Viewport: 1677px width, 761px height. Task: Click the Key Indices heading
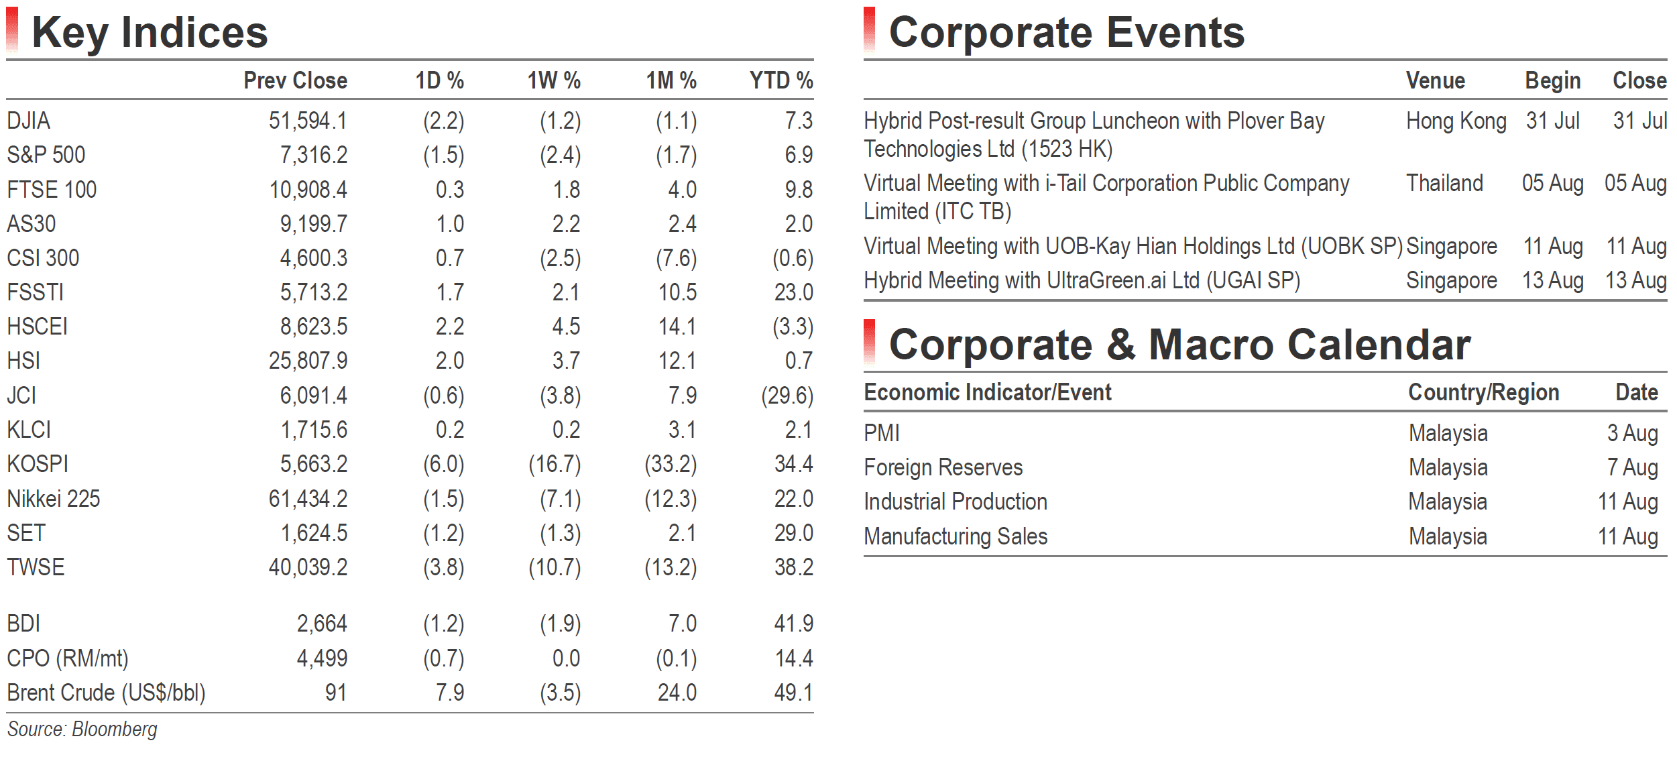150,33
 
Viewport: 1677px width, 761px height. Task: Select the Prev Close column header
295,80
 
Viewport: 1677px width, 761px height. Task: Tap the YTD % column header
781,80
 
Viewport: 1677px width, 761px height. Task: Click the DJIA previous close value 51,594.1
308,121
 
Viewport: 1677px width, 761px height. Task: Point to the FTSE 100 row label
52,190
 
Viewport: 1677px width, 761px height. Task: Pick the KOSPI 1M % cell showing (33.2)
671,464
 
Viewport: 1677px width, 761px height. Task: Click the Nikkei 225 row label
53,499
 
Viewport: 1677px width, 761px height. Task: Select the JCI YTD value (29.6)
787,396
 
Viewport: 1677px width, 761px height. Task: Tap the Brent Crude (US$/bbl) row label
106,693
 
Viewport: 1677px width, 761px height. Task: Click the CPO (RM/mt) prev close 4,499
322,658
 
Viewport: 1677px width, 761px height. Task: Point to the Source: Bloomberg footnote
82,729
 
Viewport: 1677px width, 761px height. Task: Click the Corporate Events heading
1066,32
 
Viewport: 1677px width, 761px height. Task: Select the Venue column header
1435,80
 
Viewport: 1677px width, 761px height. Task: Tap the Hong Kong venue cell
1456,121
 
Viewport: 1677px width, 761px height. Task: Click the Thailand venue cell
1444,183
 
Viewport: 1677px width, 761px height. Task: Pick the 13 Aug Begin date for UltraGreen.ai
1552,280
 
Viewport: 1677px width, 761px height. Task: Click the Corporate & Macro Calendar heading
1179,345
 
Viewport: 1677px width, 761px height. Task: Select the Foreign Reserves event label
943,467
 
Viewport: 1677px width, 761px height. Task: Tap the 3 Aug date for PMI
1632,433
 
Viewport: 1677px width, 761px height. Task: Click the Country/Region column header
1483,392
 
